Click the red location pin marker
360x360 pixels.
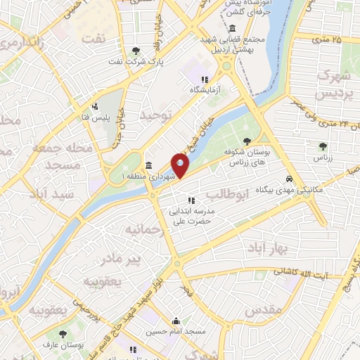(180, 165)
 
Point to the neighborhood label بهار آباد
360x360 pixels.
(264, 248)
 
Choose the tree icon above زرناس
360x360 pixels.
(323, 146)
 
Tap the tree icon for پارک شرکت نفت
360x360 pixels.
(136, 50)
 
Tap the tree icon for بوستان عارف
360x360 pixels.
(63, 335)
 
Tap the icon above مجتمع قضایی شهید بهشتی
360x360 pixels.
(232, 28)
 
